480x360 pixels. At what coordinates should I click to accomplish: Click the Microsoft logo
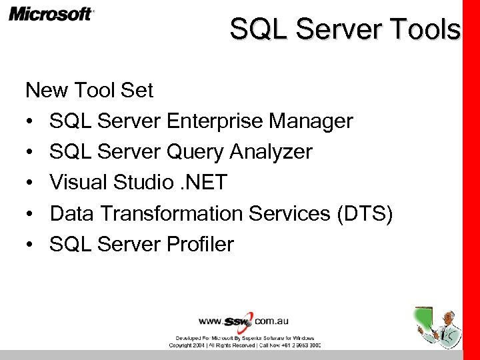[51, 14]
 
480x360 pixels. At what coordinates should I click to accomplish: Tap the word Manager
[311, 121]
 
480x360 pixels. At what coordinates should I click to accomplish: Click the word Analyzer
[271, 152]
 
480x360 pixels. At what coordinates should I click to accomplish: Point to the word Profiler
[199, 244]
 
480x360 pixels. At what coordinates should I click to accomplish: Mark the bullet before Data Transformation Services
[31, 214]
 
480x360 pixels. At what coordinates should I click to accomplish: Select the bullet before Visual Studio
[31, 183]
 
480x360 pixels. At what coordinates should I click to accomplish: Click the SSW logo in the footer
[239, 321]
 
